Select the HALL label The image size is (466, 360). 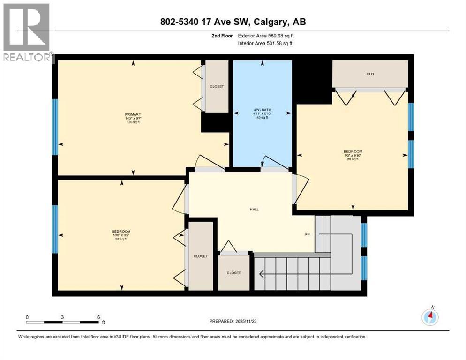pos(255,210)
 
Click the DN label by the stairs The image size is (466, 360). pos(307,233)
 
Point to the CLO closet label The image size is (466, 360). pos(370,74)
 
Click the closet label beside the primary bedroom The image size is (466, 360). pos(217,87)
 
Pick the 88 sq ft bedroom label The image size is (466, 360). pos(353,151)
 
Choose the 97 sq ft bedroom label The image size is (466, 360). pos(121,232)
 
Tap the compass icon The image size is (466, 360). pos(429,317)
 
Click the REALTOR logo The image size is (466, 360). pos(27,33)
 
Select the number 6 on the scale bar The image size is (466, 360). pos(98,317)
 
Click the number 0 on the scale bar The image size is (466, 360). pos(27,317)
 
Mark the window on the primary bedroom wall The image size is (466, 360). pos(54,127)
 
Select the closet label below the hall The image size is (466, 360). pos(233,273)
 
